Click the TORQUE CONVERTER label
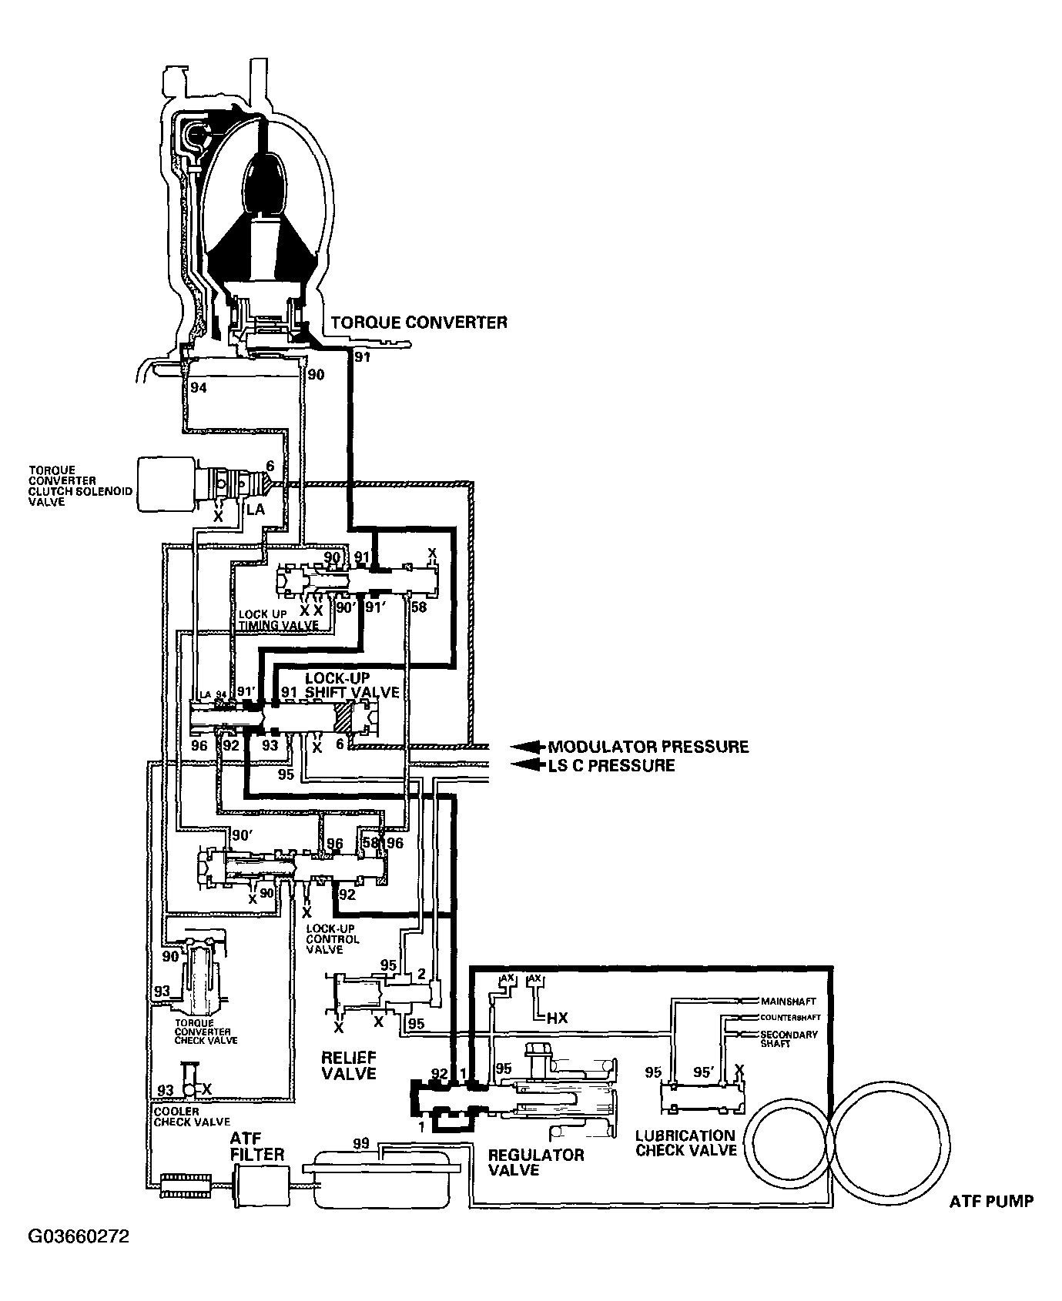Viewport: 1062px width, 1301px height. point(418,322)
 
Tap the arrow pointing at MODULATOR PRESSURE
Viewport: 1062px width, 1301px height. point(526,747)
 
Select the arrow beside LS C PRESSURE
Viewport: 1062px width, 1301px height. point(526,765)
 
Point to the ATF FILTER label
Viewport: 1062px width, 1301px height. point(256,1148)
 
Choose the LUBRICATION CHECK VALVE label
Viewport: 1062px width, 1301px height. point(685,1143)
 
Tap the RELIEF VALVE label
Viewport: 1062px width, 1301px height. point(348,1063)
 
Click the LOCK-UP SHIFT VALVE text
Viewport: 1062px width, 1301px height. point(352,685)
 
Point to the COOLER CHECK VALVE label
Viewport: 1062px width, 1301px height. point(191,1117)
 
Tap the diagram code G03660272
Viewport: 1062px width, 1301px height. point(79,1237)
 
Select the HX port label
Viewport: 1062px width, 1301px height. point(557,1018)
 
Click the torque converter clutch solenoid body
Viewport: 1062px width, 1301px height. point(166,483)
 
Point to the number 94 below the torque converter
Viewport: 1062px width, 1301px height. point(199,388)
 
